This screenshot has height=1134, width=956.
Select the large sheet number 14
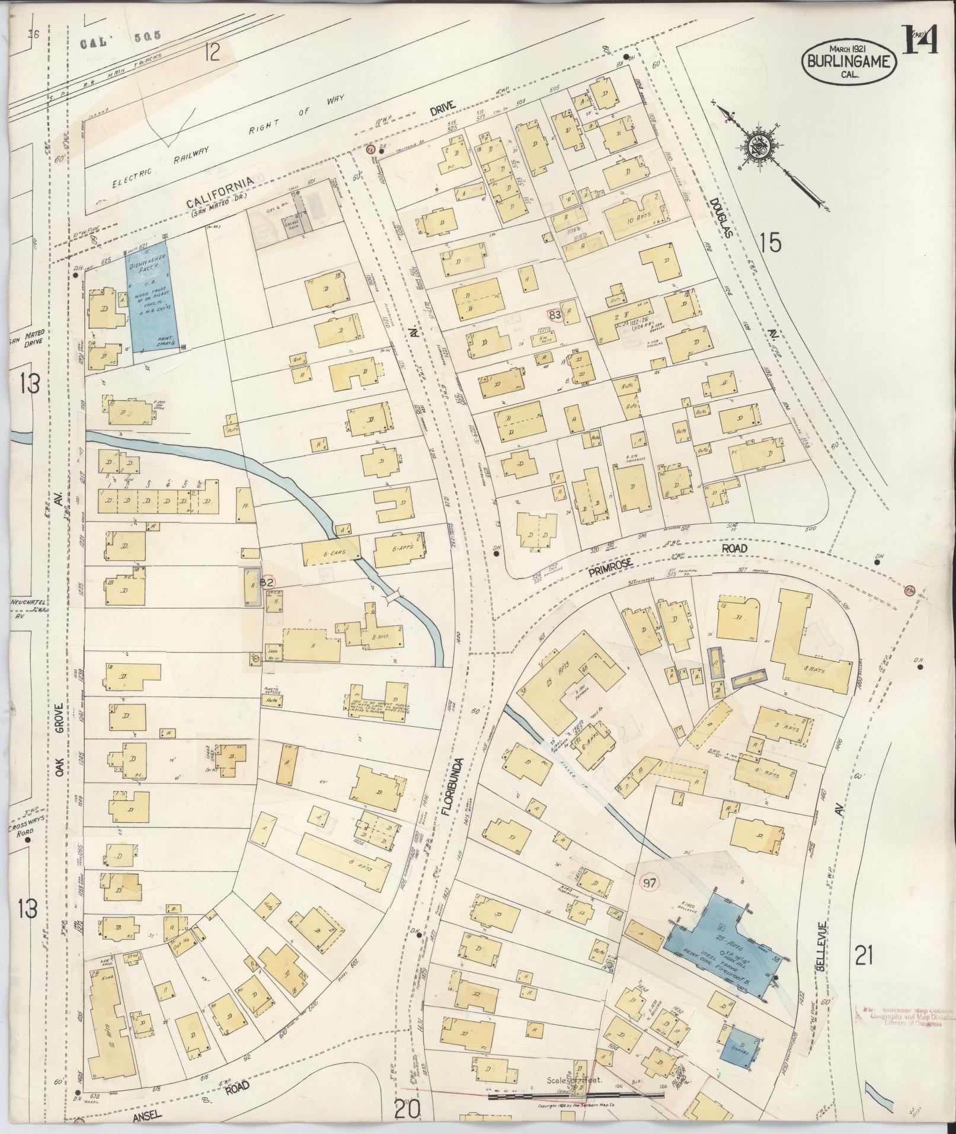(x=919, y=39)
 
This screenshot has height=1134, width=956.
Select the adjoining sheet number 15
(x=770, y=243)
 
